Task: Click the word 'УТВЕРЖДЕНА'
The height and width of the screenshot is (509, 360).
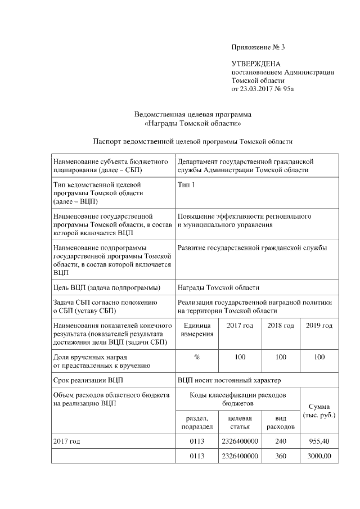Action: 255,64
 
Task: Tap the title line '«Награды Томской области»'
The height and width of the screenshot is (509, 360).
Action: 193,122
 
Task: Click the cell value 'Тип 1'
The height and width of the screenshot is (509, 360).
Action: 186,184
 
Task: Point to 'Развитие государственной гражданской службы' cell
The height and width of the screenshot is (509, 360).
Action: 252,247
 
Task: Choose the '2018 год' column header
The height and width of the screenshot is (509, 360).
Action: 280,326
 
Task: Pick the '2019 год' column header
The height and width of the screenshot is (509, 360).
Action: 319,326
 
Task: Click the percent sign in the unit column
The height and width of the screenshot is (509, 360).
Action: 197,357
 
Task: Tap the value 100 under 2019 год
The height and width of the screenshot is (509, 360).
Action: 319,357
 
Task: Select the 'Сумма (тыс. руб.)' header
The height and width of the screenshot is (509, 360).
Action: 319,411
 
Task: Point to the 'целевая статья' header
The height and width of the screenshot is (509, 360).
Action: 240,423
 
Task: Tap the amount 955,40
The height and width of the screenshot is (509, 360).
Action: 319,442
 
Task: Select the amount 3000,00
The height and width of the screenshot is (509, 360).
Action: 319,456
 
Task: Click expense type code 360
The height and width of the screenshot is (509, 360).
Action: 280,456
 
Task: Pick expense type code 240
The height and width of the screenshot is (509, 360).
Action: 280,442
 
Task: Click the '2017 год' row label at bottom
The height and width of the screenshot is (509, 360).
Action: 66,442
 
